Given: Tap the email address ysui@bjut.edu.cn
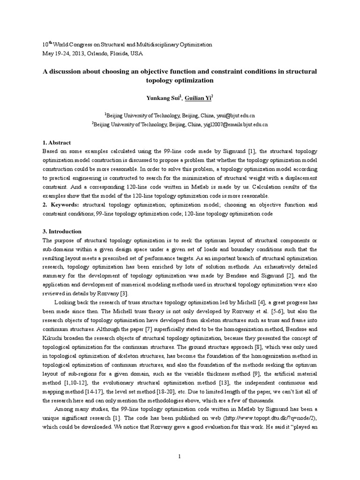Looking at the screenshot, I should point(240,115).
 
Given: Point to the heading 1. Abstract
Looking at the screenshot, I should point(57,142).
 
